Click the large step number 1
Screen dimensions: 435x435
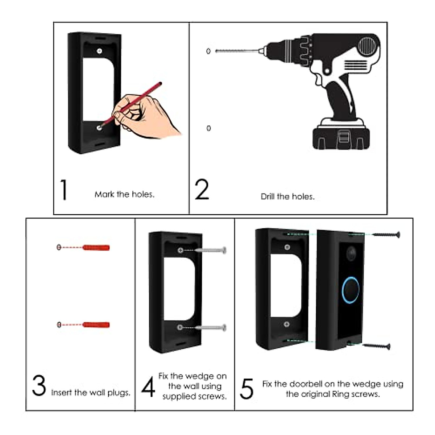[x=64, y=190]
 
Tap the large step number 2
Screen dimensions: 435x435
[x=202, y=190]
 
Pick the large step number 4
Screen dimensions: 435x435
[x=148, y=387]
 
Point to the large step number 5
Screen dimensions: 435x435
[x=246, y=389]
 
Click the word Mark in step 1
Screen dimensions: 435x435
[x=104, y=195]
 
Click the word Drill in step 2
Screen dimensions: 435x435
[x=268, y=196]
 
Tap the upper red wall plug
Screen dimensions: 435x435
[x=96, y=248]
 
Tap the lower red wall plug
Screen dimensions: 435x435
[x=96, y=324]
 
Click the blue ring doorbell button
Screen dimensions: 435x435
[x=351, y=290]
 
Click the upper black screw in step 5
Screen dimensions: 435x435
[x=386, y=235]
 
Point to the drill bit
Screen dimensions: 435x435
[x=237, y=51]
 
